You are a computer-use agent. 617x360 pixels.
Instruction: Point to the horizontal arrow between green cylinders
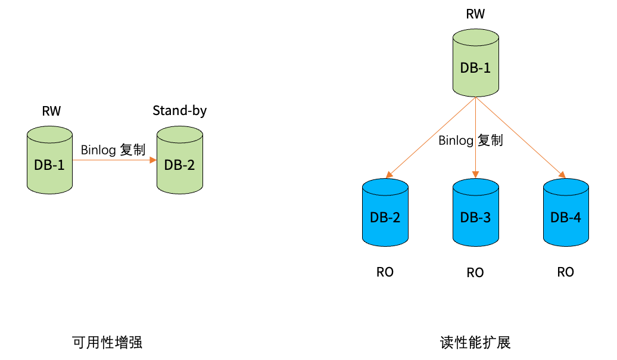pyautogui.click(x=110, y=160)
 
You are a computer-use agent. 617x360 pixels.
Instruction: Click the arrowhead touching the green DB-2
pyautogui.click(x=153, y=160)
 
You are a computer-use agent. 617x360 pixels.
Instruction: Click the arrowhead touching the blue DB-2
pyautogui.click(x=389, y=175)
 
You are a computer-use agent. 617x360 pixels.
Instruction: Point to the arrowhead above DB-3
pyautogui.click(x=475, y=175)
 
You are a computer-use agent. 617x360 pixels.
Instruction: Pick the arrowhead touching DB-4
pyautogui.click(x=562, y=175)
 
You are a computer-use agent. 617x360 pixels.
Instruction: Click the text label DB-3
pyautogui.click(x=475, y=218)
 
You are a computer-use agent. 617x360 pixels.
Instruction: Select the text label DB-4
pyautogui.click(x=566, y=218)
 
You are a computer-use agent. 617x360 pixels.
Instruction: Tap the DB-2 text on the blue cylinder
pyautogui.click(x=385, y=218)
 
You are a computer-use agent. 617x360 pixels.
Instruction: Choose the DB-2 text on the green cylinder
pyautogui.click(x=179, y=165)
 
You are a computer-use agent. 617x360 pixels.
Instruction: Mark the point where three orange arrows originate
pyautogui.click(x=475, y=97)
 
